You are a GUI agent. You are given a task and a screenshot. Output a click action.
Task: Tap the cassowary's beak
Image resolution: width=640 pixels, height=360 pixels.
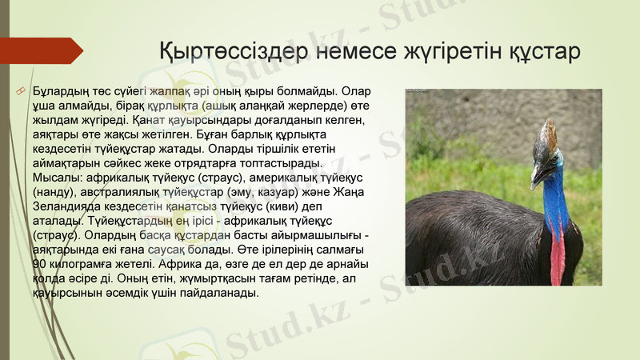pyautogui.click(x=535, y=176)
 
